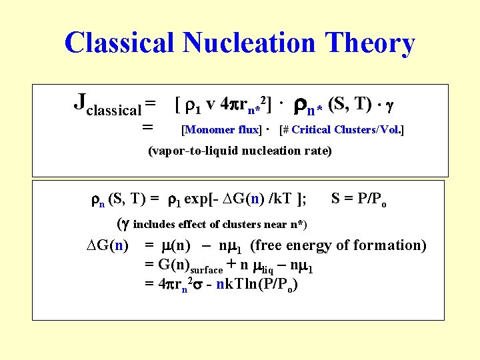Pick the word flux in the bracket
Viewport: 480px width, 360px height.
248,130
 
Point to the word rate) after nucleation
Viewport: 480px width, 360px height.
317,151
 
